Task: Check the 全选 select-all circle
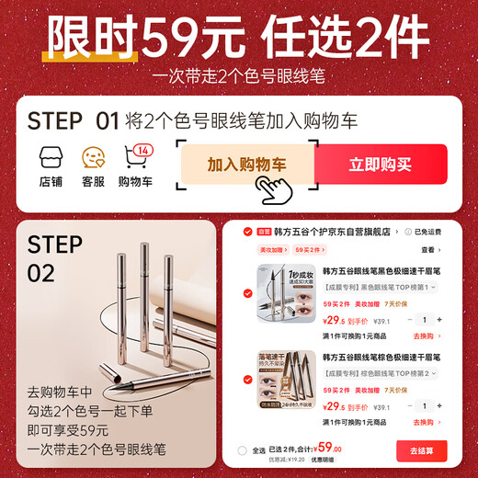click(x=243, y=450)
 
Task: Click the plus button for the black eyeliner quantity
click(x=439, y=319)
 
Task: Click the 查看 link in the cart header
click(x=429, y=249)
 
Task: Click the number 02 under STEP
click(x=41, y=272)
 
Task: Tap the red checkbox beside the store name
click(x=247, y=232)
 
